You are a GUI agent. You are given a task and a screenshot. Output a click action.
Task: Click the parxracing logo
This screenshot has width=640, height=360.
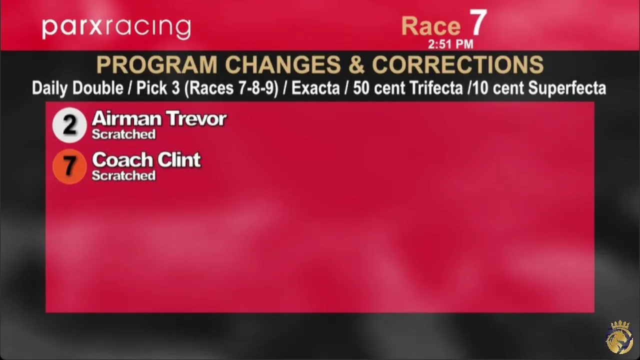(x=116, y=28)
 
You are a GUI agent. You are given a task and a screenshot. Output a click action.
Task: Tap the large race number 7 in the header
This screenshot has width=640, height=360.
(x=477, y=22)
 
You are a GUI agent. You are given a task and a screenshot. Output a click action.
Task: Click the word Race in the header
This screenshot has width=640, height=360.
(x=431, y=26)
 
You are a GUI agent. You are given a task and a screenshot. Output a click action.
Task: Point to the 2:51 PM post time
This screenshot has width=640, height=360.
(x=450, y=44)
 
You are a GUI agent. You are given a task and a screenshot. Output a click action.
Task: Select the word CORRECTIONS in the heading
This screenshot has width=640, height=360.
(x=457, y=65)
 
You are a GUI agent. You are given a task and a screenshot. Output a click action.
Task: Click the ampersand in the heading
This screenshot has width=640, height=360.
(x=356, y=65)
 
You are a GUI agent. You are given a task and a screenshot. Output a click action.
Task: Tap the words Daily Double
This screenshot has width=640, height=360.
(x=77, y=88)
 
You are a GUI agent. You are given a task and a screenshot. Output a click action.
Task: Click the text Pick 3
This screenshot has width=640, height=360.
(x=158, y=88)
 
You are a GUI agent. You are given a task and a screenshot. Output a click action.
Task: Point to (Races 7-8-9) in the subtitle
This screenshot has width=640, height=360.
(x=231, y=88)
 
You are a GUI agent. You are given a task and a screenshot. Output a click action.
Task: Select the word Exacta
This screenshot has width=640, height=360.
(x=315, y=88)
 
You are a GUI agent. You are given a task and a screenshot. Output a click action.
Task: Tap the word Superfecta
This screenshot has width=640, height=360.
(x=567, y=88)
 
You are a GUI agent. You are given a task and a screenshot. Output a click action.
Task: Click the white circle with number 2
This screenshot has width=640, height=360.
(x=69, y=125)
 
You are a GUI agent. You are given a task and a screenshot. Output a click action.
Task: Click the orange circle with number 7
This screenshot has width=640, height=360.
(x=69, y=166)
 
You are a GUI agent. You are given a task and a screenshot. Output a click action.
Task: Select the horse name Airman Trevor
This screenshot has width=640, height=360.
(x=159, y=118)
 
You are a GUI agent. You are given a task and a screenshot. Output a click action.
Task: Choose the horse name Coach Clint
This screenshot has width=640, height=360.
(x=146, y=159)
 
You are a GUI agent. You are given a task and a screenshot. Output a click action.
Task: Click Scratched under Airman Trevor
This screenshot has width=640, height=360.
(x=123, y=134)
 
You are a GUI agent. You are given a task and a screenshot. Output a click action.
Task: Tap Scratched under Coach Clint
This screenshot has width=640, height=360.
(x=123, y=175)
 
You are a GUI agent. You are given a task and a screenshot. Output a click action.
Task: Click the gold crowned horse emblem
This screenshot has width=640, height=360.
(x=619, y=337)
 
